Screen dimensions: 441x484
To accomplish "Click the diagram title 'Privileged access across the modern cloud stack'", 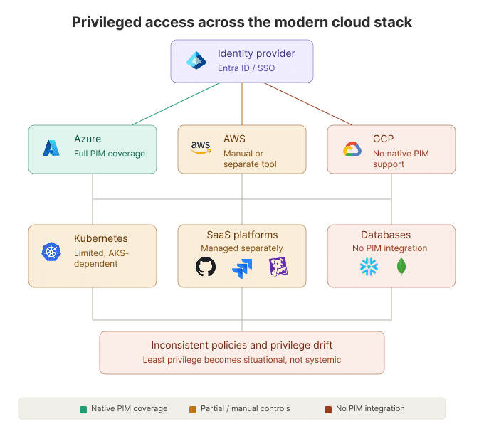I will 242,22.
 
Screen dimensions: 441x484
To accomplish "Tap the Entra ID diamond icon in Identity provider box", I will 196,61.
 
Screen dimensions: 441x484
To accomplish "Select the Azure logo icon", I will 51,147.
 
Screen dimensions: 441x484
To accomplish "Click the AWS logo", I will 201,147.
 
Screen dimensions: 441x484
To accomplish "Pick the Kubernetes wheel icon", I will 51,251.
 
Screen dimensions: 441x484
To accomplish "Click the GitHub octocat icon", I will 206,267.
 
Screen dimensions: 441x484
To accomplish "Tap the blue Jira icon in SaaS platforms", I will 242,268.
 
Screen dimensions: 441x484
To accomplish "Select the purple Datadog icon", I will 278,267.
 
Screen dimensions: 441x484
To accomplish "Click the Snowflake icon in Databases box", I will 369,267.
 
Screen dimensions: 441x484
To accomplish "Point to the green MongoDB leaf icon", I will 401,267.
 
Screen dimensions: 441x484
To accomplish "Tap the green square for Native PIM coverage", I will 83,409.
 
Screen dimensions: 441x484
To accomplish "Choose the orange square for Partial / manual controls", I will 193,409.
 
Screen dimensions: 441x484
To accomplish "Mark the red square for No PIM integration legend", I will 328,409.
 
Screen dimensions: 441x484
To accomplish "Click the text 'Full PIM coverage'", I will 110,154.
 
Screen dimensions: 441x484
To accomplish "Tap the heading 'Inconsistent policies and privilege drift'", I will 242,346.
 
